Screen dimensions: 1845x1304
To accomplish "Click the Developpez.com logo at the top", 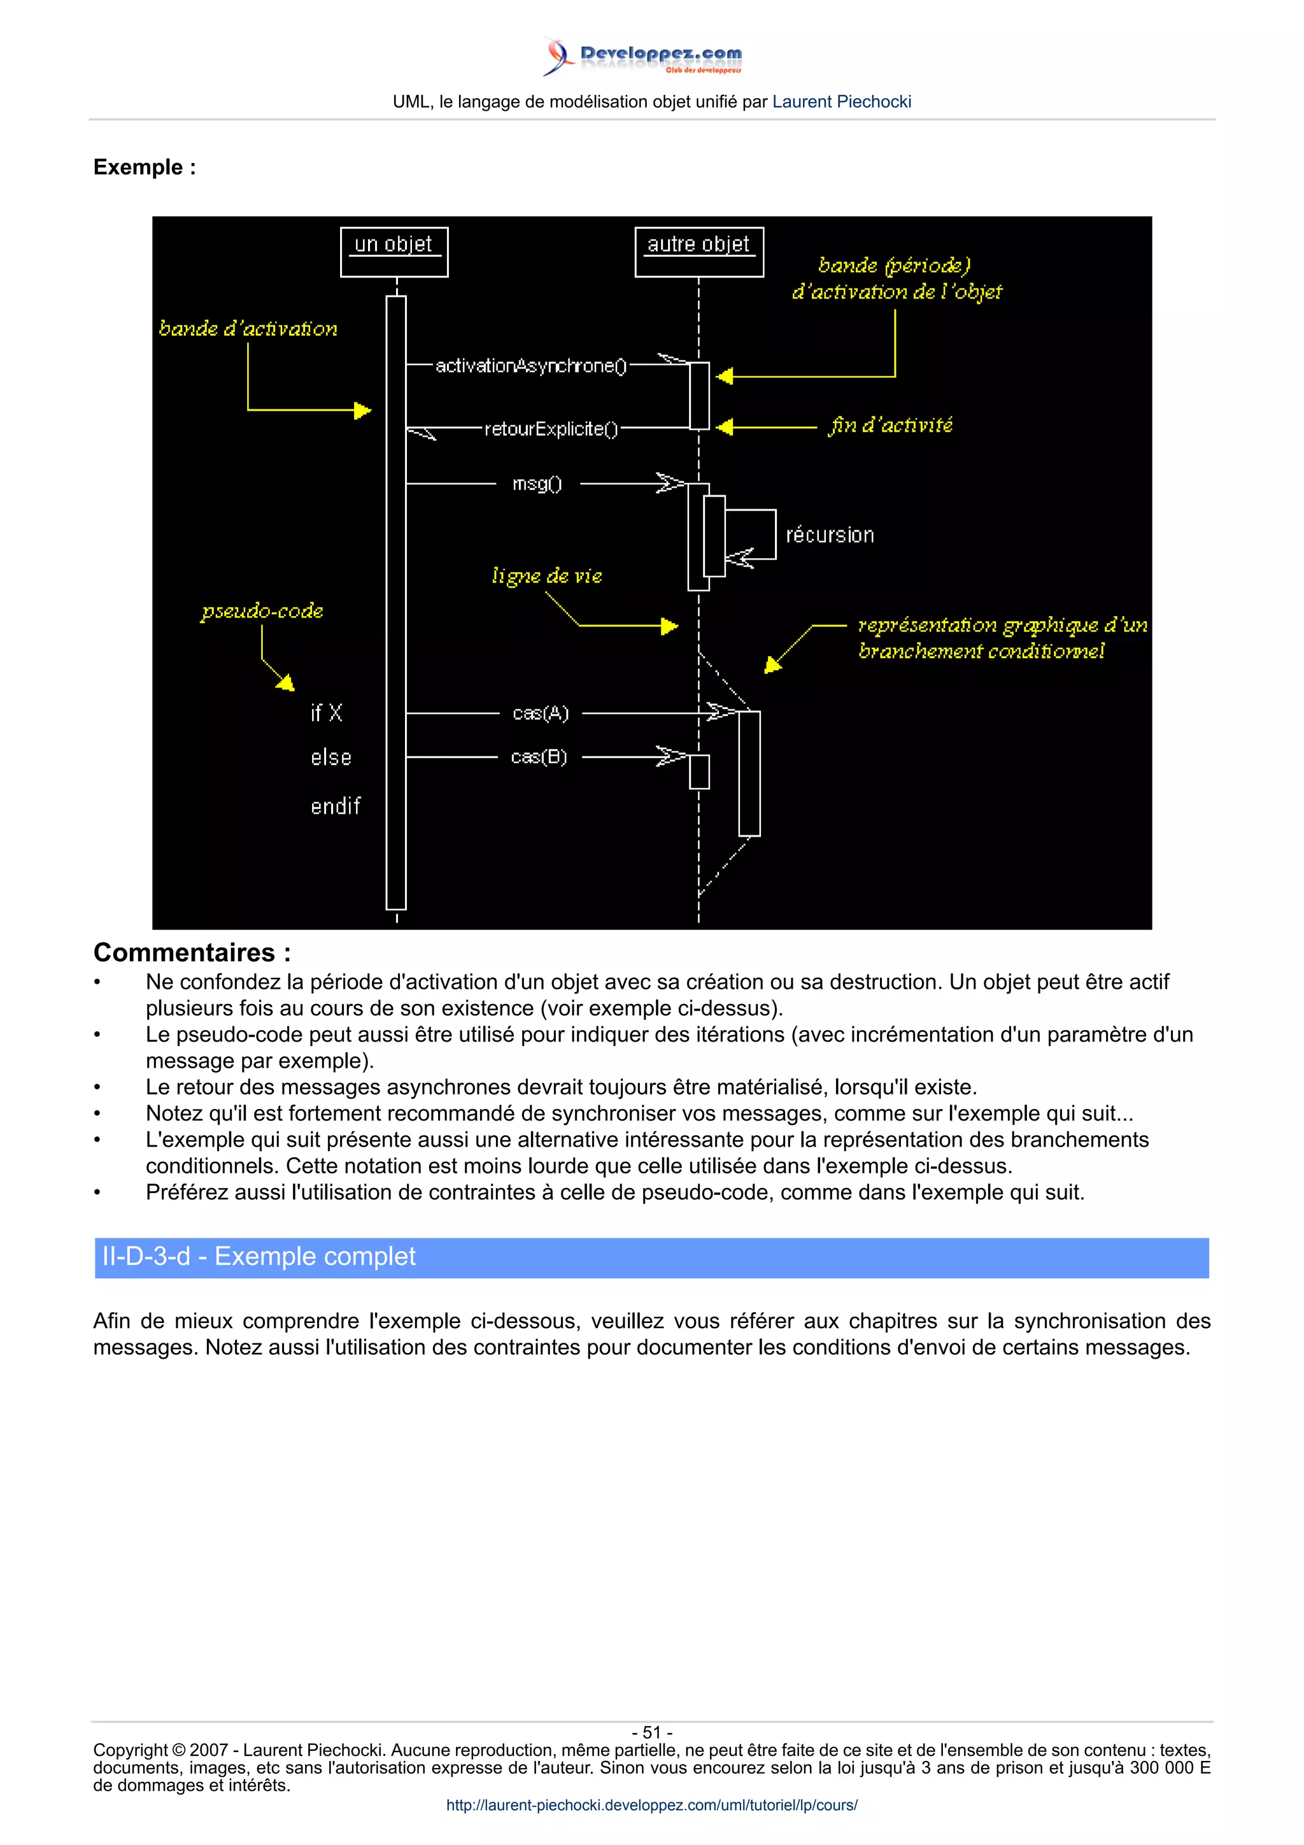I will pos(642,56).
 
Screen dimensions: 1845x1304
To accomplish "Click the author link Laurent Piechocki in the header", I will pos(841,102).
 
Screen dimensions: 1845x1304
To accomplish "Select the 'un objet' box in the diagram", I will pos(393,251).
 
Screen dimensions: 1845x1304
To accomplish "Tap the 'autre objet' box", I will pos(698,251).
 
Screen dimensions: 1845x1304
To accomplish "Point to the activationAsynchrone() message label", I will pos(530,365).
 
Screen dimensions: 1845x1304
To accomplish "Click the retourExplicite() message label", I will pos(551,429).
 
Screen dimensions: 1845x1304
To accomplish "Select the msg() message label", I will pos(537,484).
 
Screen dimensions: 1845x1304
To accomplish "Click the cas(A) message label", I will pos(540,713).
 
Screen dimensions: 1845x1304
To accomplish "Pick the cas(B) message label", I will pos(538,757).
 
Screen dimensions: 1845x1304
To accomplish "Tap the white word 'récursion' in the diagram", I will pos(829,535).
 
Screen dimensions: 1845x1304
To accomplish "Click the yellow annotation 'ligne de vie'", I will pos(546,576).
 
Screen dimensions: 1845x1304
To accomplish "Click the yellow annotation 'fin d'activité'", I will pos(890,426).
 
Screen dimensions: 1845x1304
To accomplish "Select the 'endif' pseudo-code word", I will pos(335,806).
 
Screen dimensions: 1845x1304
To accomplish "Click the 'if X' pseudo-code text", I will pos(326,713).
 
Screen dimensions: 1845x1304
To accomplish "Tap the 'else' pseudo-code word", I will pos(331,758).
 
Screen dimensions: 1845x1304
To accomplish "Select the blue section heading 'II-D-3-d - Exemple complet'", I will pos(259,1257).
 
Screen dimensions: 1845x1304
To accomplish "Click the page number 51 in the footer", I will pos(651,1732).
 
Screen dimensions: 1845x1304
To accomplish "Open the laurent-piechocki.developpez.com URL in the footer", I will pos(651,1805).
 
